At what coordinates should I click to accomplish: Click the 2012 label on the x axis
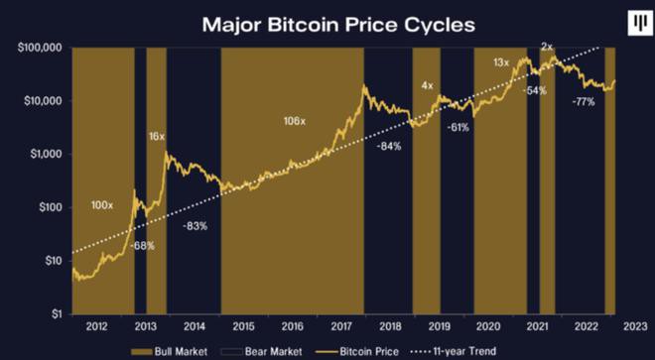coord(96,325)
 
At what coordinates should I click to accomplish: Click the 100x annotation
coord(102,205)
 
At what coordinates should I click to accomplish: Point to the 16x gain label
coord(157,136)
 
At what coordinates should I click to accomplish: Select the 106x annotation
coord(295,122)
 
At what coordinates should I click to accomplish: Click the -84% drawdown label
coord(389,147)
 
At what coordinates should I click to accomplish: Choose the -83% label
coord(195,227)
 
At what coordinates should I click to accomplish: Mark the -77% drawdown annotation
coord(583,102)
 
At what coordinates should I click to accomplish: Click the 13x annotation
coord(501,62)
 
